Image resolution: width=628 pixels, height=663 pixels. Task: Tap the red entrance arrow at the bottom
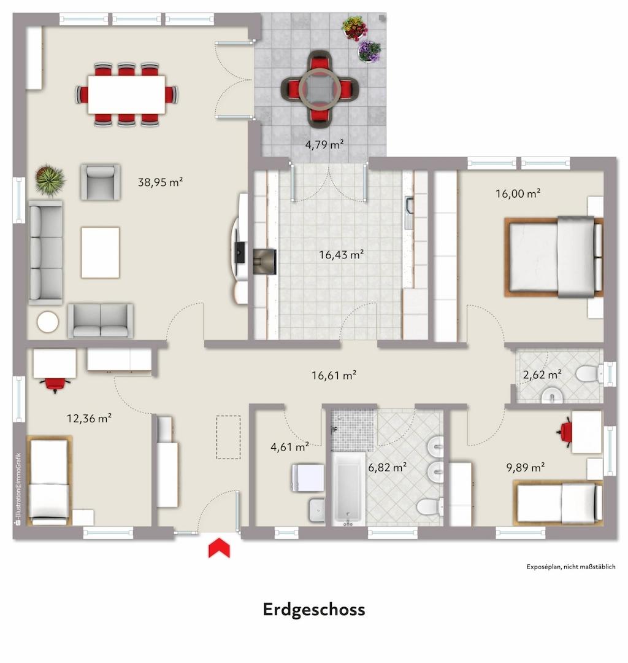[x=219, y=548]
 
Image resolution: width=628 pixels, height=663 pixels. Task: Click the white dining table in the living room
[x=126, y=94]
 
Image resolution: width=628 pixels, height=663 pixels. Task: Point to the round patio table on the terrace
[x=318, y=90]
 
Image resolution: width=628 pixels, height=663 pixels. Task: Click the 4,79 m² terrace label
[x=324, y=145]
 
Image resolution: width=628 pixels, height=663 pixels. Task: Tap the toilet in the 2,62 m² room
[x=590, y=373]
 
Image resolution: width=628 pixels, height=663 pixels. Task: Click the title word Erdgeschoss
[x=314, y=610]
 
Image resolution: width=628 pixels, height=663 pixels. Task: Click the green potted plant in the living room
[x=50, y=179]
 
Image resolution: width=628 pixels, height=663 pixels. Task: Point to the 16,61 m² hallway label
[x=334, y=375]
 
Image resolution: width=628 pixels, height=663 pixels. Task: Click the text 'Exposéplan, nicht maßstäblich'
[x=570, y=567]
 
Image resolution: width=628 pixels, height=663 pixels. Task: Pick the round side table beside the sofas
[x=47, y=322]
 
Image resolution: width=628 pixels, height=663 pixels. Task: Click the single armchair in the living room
[x=99, y=182]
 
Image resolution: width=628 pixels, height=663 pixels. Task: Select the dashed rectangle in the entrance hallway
[x=228, y=437]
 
